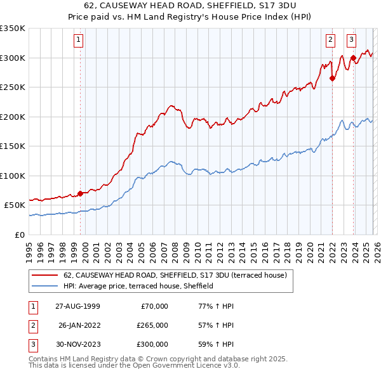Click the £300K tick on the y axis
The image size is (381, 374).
[13, 58]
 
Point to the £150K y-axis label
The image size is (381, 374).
[13, 146]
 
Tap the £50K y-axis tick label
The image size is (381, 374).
[15, 205]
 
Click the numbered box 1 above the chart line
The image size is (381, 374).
[78, 40]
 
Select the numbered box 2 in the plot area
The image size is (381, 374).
[331, 40]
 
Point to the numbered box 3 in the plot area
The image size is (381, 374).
[351, 40]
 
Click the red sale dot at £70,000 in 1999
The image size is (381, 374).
[80, 193]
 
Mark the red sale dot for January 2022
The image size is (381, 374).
[332, 79]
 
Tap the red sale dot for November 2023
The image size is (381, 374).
[353, 58]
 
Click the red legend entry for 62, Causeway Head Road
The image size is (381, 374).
[175, 275]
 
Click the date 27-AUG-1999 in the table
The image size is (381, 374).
[77, 306]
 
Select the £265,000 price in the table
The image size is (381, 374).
[153, 325]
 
